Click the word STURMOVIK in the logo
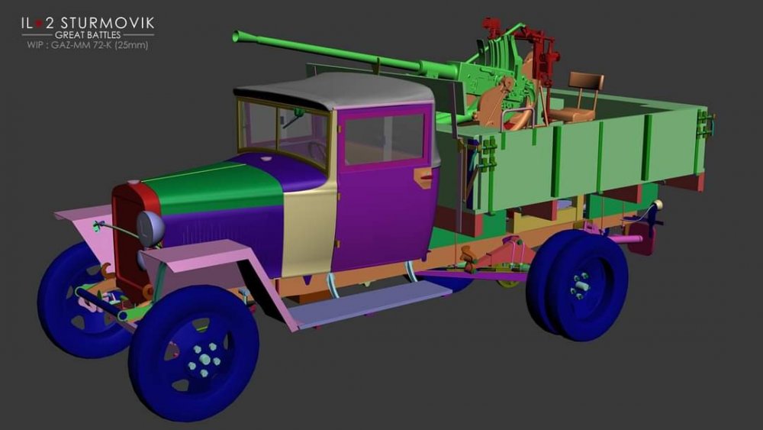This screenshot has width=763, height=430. pyautogui.click(x=108, y=23)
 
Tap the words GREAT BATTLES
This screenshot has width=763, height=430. pyautogui.click(x=88, y=34)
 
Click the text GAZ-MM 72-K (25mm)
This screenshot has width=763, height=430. pyautogui.click(x=100, y=45)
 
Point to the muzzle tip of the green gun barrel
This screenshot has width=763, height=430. pyautogui.click(x=237, y=36)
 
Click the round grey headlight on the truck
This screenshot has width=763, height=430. pyautogui.click(x=150, y=228)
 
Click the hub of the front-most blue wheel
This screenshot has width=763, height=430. pyautogui.click(x=204, y=360)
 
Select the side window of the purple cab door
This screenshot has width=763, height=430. pyautogui.click(x=384, y=139)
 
